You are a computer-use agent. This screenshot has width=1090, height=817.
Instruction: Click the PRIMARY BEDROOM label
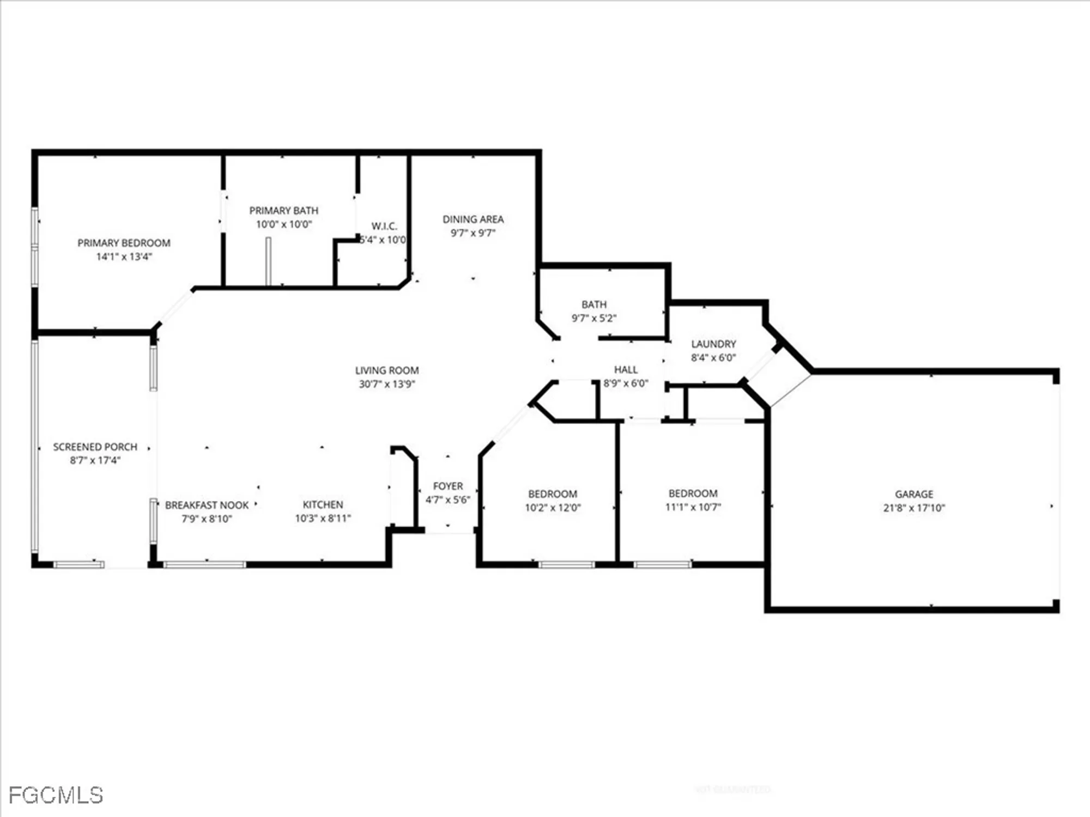[x=124, y=243]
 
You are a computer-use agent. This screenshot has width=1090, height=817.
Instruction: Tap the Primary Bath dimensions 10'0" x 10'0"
[x=284, y=224]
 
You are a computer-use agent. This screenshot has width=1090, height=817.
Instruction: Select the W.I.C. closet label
[x=384, y=226]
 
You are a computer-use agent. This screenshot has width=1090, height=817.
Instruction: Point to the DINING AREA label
[x=473, y=219]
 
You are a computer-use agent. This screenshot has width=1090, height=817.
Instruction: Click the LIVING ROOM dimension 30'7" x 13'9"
[x=387, y=384]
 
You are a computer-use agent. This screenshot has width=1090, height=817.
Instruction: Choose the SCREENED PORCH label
[x=95, y=447]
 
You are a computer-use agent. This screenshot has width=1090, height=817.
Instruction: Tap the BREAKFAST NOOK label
[x=207, y=505]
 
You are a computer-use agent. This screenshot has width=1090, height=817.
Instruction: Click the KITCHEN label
[x=323, y=504]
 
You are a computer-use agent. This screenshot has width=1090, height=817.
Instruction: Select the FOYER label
[x=448, y=486]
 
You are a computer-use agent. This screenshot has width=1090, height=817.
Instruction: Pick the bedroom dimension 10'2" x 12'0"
[x=553, y=508]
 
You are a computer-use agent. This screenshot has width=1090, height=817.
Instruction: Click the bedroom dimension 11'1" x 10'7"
[x=693, y=507]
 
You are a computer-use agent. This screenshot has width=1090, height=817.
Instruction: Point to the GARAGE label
[x=914, y=494]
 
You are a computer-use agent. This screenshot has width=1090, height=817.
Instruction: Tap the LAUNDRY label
[x=713, y=344]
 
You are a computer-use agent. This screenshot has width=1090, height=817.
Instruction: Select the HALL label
[x=626, y=369]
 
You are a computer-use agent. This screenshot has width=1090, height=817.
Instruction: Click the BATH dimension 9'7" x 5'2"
[x=594, y=318]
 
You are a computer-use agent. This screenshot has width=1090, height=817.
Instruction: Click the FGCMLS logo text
[x=56, y=795]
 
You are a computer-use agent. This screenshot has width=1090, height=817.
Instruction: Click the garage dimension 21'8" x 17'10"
[x=914, y=508]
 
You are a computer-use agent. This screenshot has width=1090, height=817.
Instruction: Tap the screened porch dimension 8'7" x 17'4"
[x=95, y=460]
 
